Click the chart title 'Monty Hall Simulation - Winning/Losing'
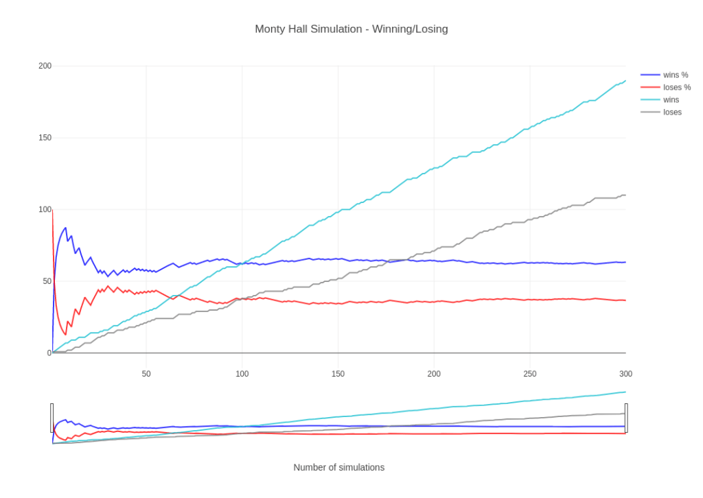tap(351, 29)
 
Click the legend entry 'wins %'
tap(675, 75)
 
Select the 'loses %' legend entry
tap(676, 87)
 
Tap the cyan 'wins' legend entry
tap(671, 99)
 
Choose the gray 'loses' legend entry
tap(672, 112)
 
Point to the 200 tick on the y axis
tap(45, 66)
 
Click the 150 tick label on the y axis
tap(45, 138)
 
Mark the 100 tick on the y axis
tap(45, 209)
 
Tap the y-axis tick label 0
tap(49, 353)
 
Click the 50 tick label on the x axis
tap(146, 374)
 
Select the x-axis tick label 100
tap(242, 374)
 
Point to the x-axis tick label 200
tap(434, 374)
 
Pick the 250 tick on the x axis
tap(530, 374)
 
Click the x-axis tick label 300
tap(625, 374)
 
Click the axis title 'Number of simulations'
tap(338, 467)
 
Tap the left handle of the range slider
tap(52, 418)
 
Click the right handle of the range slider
tap(626, 418)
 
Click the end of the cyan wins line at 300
tap(625, 80)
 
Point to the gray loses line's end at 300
tap(625, 195)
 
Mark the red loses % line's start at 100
tap(53, 210)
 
